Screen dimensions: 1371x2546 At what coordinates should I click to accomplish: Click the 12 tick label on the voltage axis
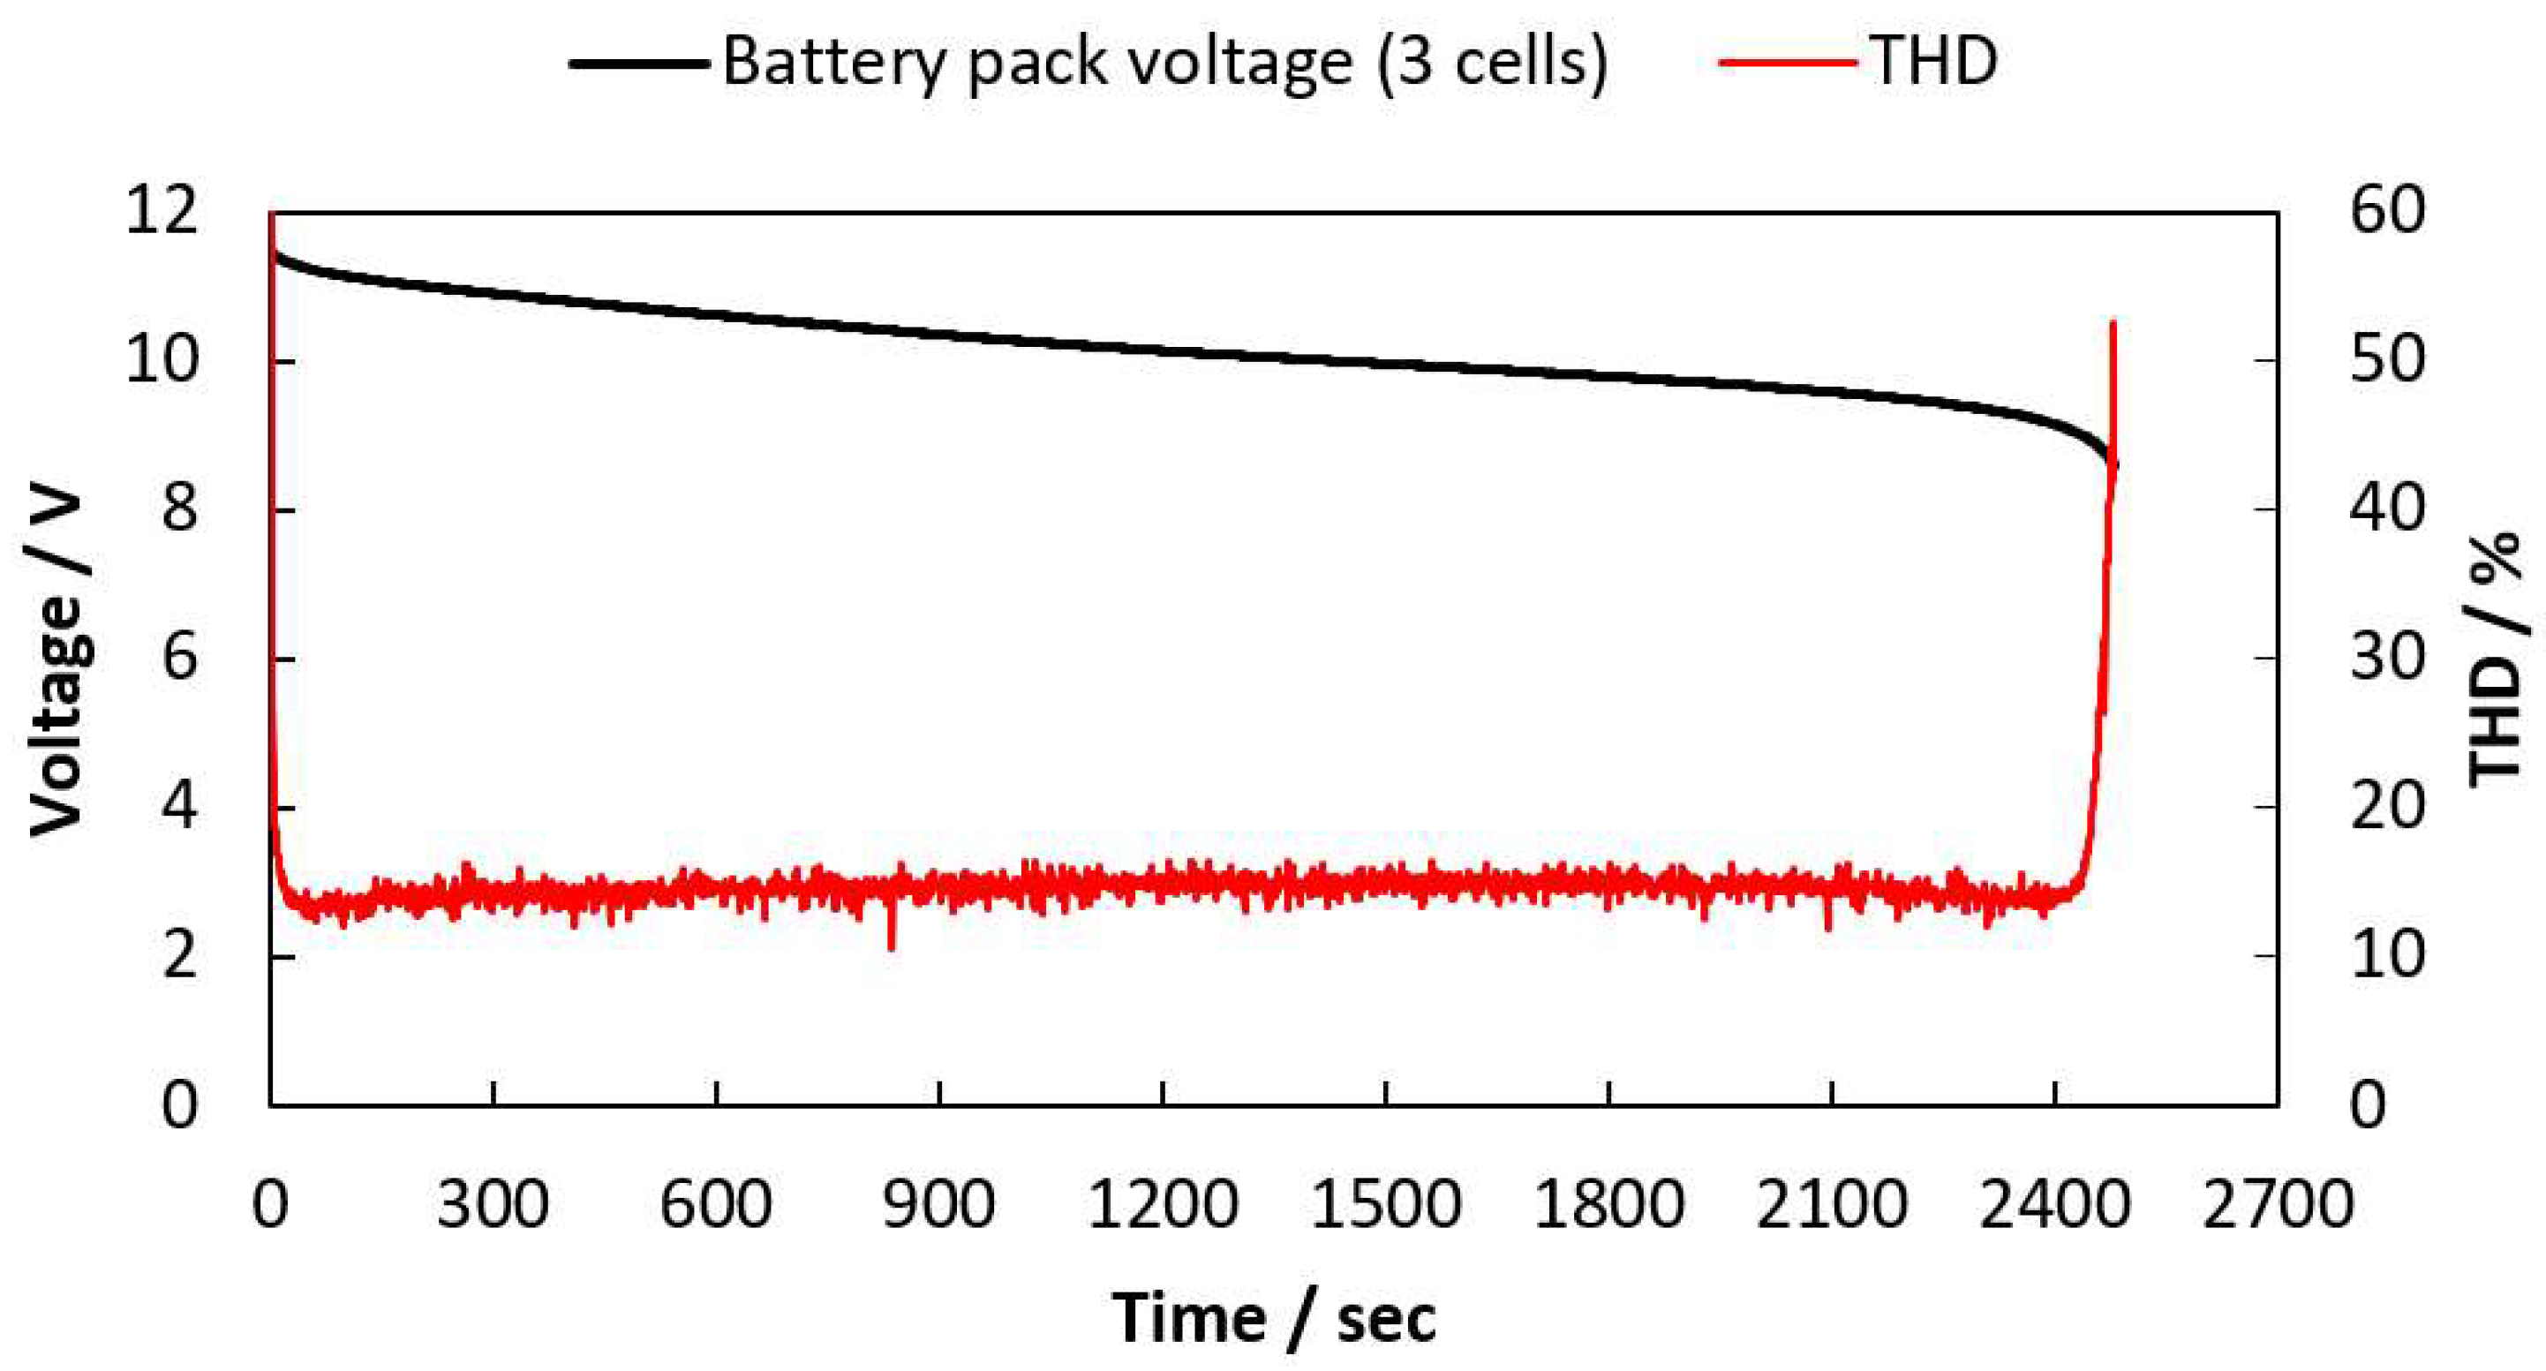pyautogui.click(x=161, y=212)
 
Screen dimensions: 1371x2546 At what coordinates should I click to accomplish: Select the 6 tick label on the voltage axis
pyautogui.click(x=179, y=659)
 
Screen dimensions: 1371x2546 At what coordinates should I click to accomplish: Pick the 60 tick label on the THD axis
pyautogui.click(x=2388, y=212)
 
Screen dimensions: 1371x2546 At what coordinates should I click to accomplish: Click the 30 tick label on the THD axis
pyautogui.click(x=2388, y=659)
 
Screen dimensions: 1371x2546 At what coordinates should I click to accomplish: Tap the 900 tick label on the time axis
pyautogui.click(x=939, y=1206)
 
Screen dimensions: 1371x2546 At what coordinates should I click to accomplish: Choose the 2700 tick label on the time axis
pyautogui.click(x=2277, y=1206)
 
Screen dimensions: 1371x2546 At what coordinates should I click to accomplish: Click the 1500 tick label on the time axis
pyautogui.click(x=1386, y=1206)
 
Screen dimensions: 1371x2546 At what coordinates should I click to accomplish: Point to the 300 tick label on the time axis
pyautogui.click(x=493, y=1206)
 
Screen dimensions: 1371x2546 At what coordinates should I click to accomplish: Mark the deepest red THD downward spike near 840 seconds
pyautogui.click(x=892, y=947)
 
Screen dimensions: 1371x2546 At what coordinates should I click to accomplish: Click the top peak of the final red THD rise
pyautogui.click(x=2113, y=322)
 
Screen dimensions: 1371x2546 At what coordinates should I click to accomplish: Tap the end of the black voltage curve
pyautogui.click(x=2114, y=464)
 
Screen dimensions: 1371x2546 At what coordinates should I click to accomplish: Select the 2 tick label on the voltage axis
pyautogui.click(x=179, y=957)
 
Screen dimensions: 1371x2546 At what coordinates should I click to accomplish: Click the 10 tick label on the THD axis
pyautogui.click(x=2388, y=957)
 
